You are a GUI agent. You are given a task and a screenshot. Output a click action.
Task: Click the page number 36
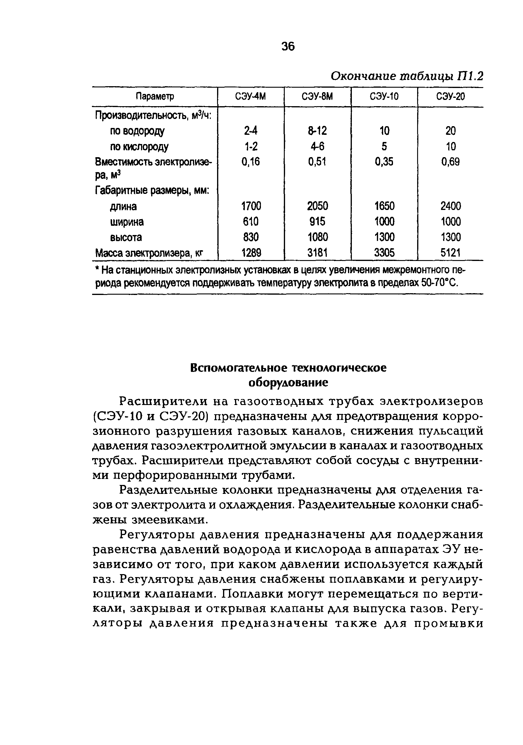click(288, 47)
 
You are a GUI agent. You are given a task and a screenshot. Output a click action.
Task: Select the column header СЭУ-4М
click(250, 96)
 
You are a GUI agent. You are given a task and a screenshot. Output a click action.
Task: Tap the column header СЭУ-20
click(450, 96)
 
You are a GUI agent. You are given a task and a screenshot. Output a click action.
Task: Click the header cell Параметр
click(155, 96)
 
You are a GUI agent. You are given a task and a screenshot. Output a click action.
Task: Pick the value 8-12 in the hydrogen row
click(317, 131)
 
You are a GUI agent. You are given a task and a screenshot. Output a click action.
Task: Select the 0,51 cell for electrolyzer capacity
click(317, 162)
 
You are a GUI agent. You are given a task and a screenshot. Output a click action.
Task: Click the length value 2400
click(450, 206)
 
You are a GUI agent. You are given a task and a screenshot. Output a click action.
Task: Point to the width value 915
click(317, 222)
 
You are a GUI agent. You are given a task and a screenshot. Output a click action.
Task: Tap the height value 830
click(250, 237)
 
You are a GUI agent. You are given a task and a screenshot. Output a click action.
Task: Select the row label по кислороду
click(139, 147)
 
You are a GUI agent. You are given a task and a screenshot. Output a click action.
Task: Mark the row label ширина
click(127, 222)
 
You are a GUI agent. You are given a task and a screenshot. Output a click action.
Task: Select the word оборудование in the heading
click(288, 383)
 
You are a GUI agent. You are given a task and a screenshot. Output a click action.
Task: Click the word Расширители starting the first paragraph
click(163, 401)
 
